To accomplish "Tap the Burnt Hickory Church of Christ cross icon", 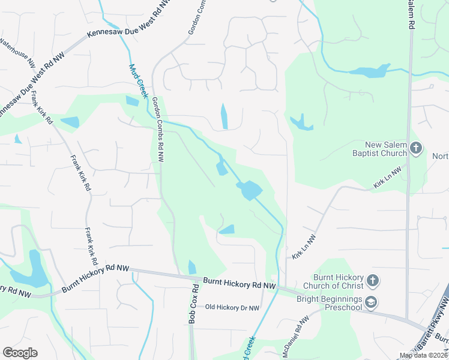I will [x=372, y=280].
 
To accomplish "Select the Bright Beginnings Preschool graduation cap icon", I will [x=372, y=302].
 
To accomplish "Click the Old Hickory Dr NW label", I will [x=232, y=308].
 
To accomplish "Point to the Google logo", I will [x=20, y=353].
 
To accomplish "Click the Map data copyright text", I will [x=423, y=356].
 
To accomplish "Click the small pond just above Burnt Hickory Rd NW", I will [x=192, y=267].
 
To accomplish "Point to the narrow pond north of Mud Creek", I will [x=224, y=116].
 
